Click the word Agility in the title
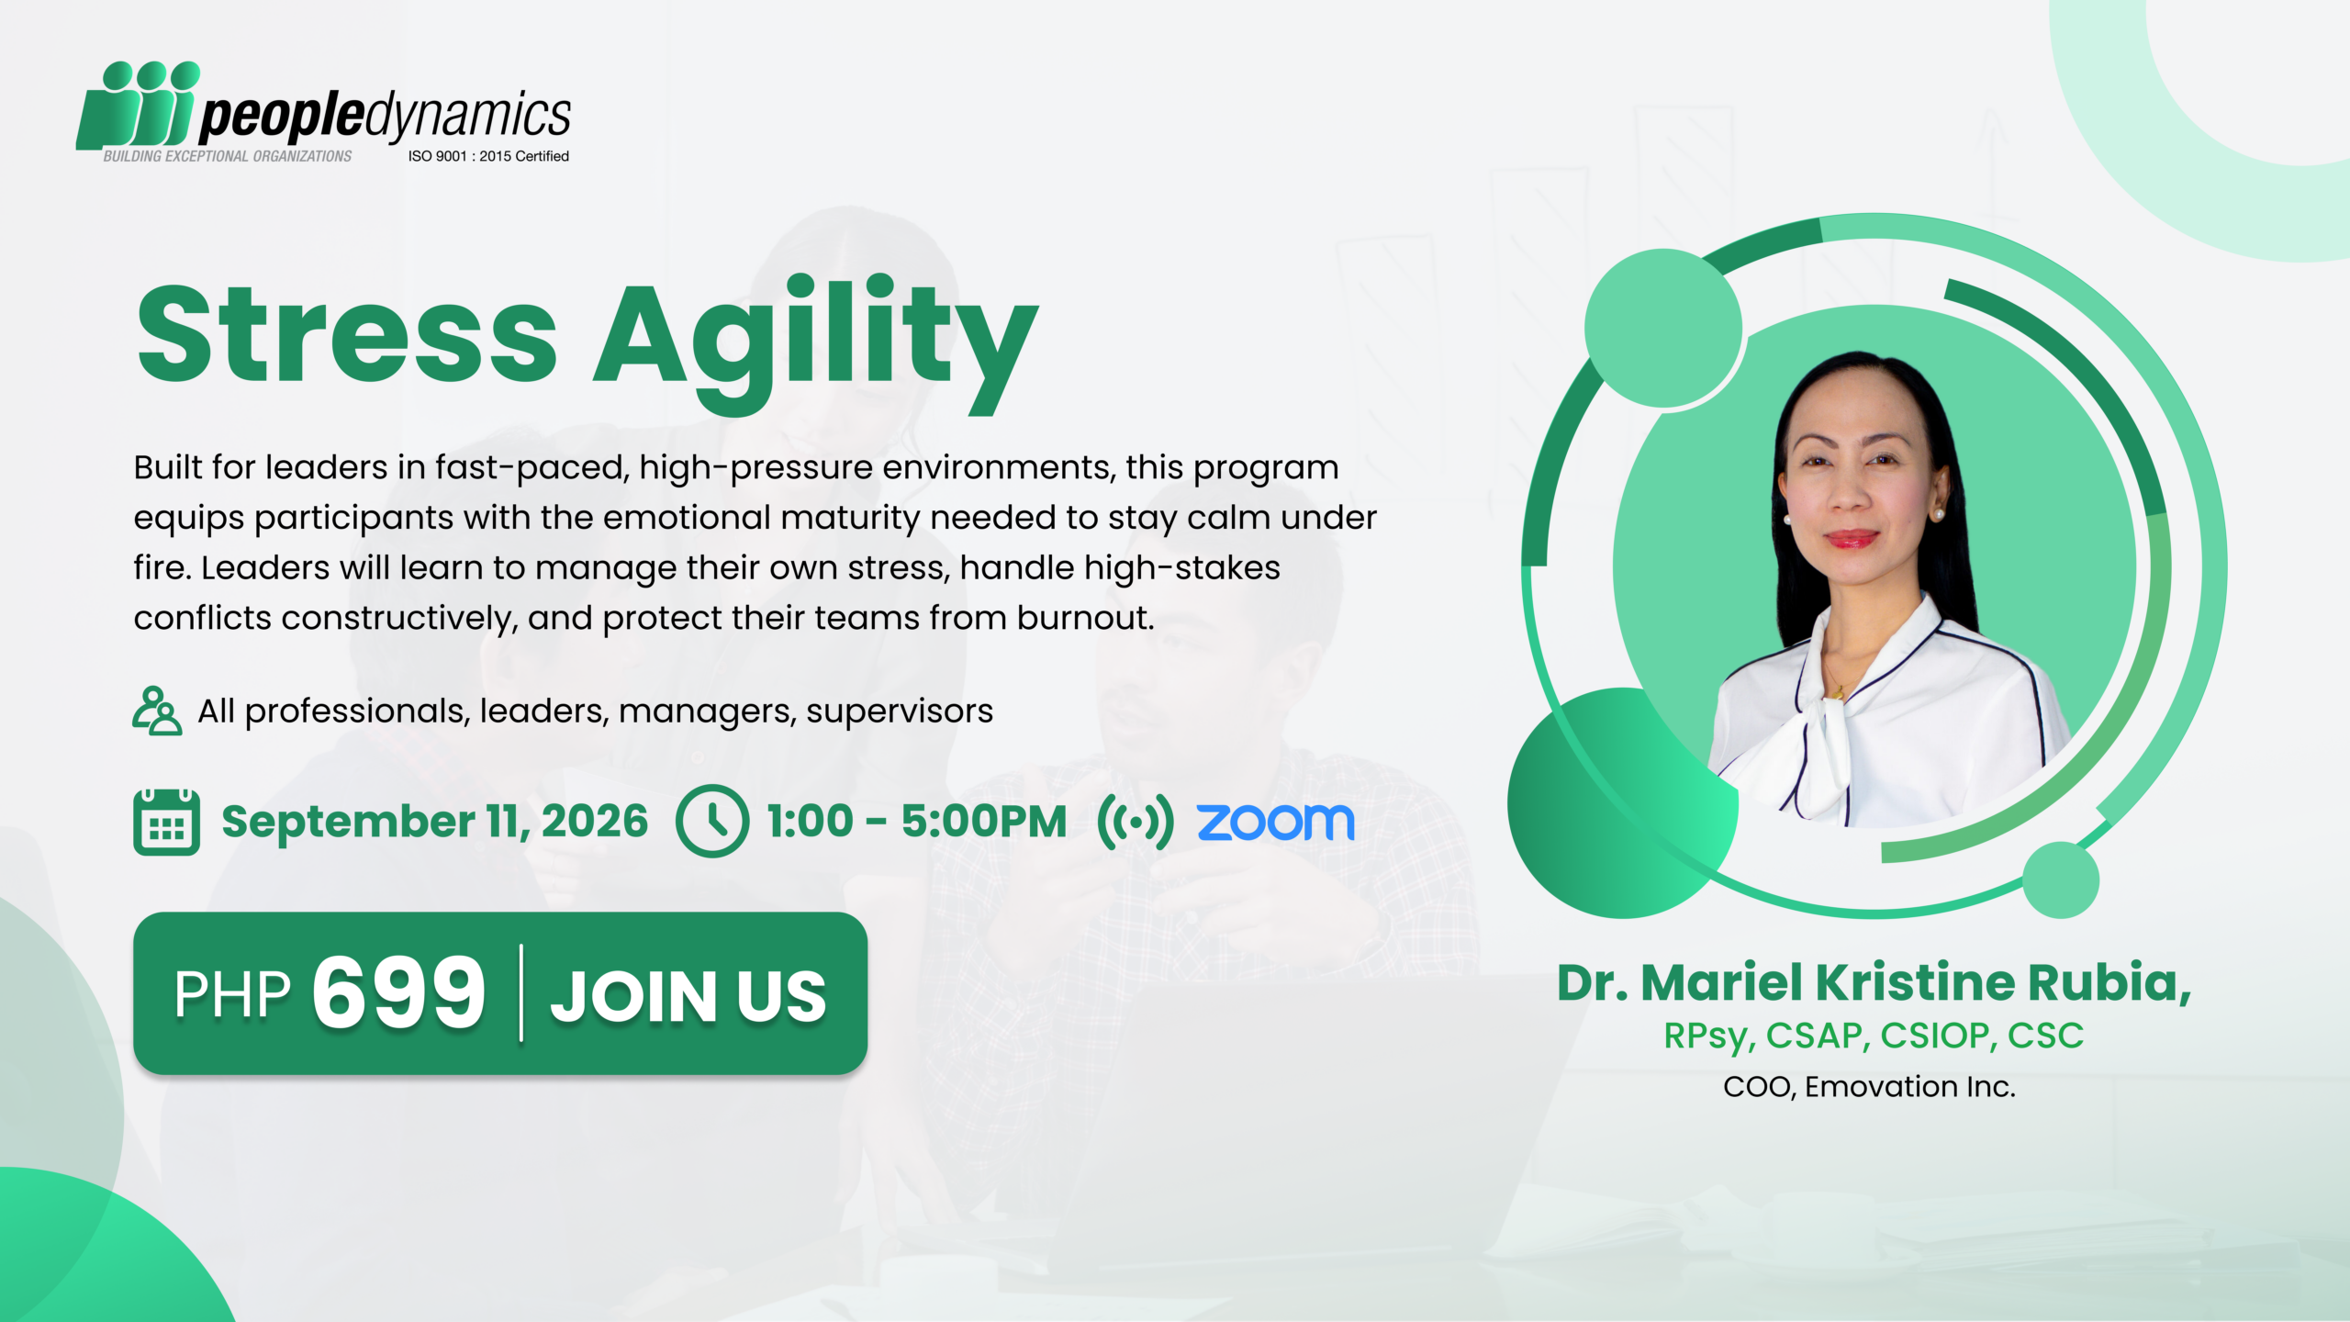(816, 344)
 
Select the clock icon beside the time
(711, 821)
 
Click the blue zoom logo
(1275, 822)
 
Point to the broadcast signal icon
(1135, 822)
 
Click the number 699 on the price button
(398, 992)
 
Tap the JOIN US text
(688, 995)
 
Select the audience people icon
(156, 711)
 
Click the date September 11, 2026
(434, 821)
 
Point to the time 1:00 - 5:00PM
(917, 821)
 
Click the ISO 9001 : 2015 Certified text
(488, 156)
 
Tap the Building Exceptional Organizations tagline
(227, 156)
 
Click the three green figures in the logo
(138, 105)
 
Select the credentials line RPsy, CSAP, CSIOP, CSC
(1874, 1036)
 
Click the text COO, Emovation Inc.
(1869, 1087)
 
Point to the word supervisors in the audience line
(900, 711)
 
